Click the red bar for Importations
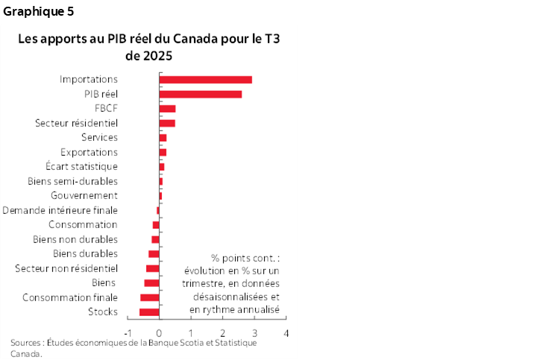click(x=205, y=80)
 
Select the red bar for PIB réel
click(x=200, y=94)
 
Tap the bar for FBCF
click(x=167, y=109)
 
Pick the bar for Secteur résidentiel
click(x=167, y=123)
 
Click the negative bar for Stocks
click(x=149, y=312)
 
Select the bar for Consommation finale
click(x=150, y=297)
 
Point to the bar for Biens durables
click(x=154, y=254)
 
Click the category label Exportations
click(x=89, y=152)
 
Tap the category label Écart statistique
click(x=81, y=166)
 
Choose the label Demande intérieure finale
click(x=60, y=210)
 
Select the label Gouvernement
click(x=84, y=195)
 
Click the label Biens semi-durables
click(x=72, y=181)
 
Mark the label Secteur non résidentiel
click(x=66, y=268)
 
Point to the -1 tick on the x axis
click(x=127, y=332)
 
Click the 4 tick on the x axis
click(x=286, y=332)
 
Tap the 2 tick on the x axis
click(x=223, y=332)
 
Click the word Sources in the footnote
click(x=27, y=343)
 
